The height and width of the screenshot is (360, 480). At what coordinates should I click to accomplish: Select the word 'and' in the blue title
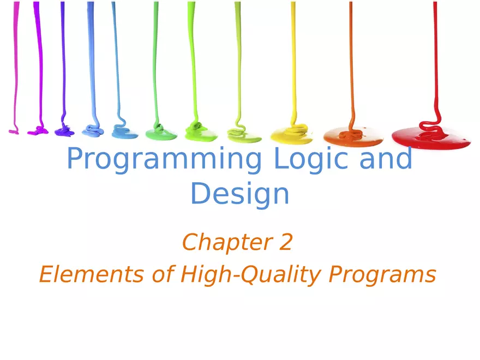[385, 159]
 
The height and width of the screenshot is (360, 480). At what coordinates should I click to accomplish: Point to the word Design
[240, 194]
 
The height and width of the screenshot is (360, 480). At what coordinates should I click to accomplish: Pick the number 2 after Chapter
[285, 242]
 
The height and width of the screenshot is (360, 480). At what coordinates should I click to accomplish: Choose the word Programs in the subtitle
[382, 275]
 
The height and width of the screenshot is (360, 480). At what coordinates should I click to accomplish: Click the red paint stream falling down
[435, 55]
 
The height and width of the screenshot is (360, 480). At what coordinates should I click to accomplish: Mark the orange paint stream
[350, 55]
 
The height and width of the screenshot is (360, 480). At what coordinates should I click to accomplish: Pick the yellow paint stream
[293, 55]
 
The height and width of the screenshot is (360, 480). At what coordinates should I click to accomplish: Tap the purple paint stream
[63, 55]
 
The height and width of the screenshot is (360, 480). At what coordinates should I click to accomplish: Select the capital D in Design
[201, 194]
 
